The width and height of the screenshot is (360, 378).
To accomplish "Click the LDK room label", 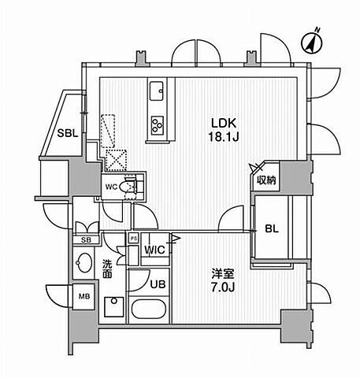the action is coord(224,123).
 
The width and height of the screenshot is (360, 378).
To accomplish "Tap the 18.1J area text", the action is coord(224,137).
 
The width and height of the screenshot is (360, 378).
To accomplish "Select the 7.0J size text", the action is coord(223,287).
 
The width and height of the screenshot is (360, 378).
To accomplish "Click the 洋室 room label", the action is coord(223,274).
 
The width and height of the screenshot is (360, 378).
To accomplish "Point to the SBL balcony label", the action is coord(68,133).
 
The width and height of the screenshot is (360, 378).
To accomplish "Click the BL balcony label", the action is coord(272,229).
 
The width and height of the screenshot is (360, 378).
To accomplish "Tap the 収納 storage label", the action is coord(266,180).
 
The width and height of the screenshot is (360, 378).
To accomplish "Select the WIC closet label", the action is coord(154,250).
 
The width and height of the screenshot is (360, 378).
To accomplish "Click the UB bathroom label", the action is coord(158,284).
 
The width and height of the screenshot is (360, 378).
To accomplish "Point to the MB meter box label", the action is coord(84,296).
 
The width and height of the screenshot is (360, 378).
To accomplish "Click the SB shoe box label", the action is coord(86,240).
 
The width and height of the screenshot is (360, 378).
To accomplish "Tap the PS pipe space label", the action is coord(134,239).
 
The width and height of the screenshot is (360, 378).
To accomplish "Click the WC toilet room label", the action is coord(111,187).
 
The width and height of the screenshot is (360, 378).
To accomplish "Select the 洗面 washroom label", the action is coord(107,269).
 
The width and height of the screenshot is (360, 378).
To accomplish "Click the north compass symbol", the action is coord(312,42).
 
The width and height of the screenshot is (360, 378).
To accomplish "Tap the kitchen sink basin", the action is coord(157,91).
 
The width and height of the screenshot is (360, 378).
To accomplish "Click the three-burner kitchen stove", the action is coord(158,124).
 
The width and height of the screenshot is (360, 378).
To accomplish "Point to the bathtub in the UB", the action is coord(148,309).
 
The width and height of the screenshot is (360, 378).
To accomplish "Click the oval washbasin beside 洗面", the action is coord(84,262).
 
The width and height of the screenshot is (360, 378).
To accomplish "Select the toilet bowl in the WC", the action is coord(127,187).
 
